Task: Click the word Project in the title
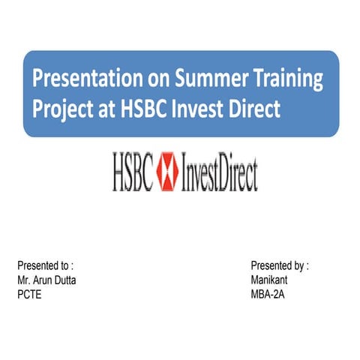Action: click(x=63, y=109)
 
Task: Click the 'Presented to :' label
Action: click(x=45, y=265)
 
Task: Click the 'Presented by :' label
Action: click(x=280, y=265)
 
